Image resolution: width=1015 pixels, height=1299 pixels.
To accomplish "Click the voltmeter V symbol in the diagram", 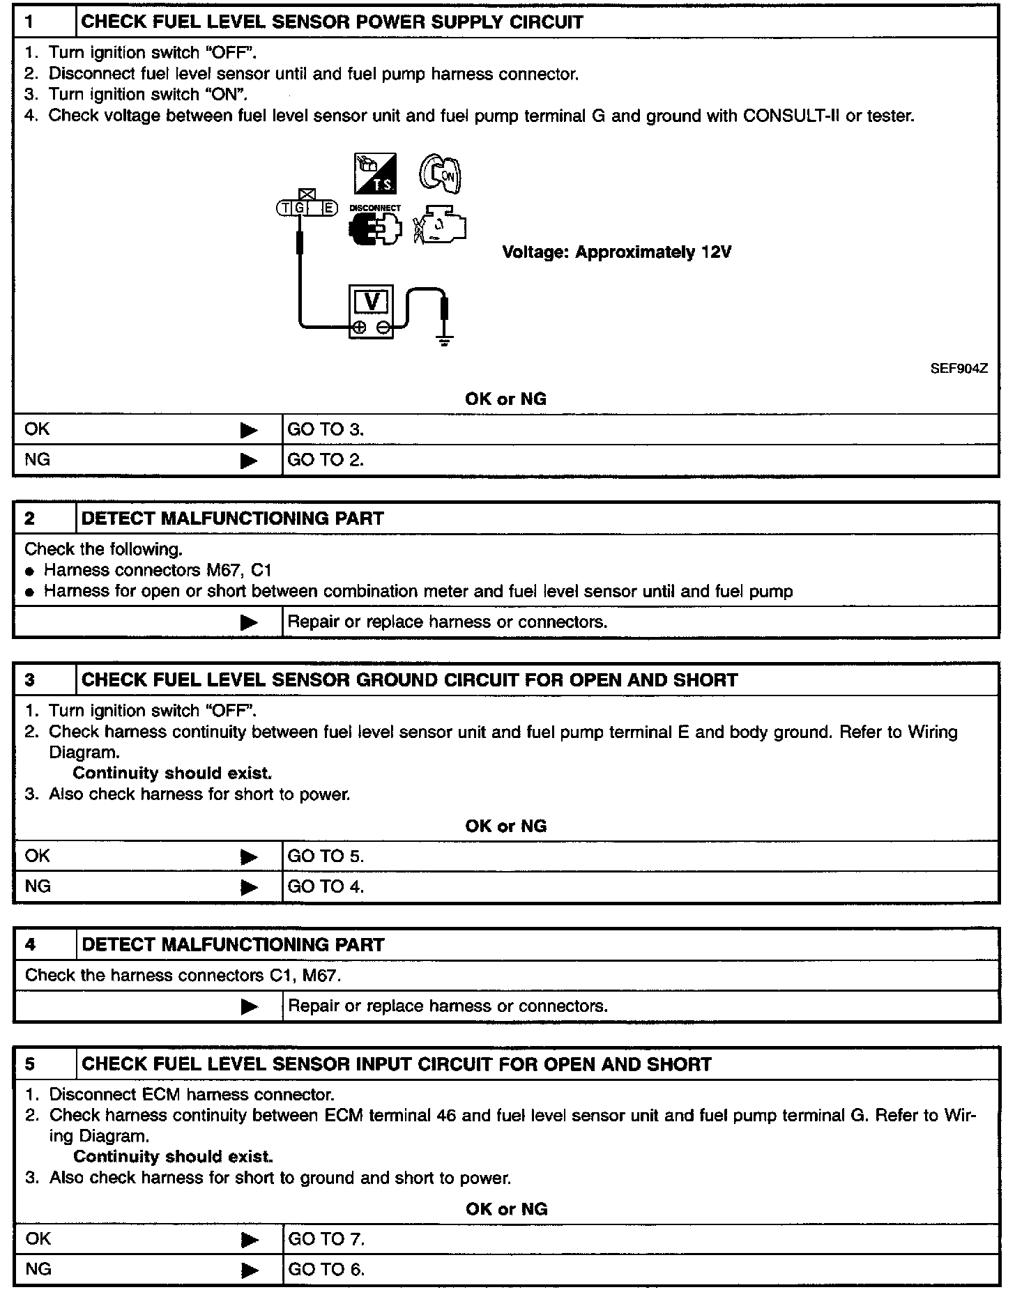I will tap(372, 302).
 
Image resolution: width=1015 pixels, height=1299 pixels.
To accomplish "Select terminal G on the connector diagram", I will tap(300, 208).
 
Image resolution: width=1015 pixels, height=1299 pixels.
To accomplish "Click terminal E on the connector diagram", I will tap(329, 208).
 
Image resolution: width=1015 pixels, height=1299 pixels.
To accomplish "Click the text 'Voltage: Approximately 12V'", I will tap(617, 252).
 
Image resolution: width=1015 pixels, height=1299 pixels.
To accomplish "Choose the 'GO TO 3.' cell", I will tap(326, 429).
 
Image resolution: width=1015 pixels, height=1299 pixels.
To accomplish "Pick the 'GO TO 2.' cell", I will tap(326, 460).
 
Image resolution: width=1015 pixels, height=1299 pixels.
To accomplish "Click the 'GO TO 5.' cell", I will tap(326, 856).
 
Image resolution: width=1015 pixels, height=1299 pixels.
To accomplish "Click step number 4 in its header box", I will tap(31, 945).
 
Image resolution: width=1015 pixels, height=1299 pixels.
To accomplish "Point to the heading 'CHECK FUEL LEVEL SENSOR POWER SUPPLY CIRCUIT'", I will tap(333, 22).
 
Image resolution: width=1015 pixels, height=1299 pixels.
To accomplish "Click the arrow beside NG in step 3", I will tap(249, 887).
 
